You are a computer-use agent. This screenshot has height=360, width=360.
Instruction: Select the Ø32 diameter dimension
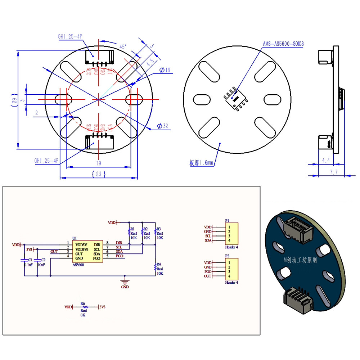[x=163, y=126]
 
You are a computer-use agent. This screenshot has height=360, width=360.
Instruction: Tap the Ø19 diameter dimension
[x=164, y=70]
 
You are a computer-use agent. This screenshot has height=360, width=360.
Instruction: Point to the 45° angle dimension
[x=123, y=47]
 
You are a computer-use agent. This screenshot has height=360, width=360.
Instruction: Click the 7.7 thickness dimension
[x=334, y=172]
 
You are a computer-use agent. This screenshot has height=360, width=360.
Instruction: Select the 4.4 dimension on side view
[x=325, y=160]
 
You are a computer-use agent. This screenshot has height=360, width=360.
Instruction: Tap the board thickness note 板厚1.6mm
[x=202, y=163]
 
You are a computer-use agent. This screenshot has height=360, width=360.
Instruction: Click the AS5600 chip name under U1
[x=78, y=265]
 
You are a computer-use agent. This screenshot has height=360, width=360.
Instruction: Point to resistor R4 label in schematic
[x=159, y=264]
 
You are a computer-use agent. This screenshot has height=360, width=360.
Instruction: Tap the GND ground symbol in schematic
[x=125, y=282]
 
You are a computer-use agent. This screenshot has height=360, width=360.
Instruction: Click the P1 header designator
[x=227, y=221]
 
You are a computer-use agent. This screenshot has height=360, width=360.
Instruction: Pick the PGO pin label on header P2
[x=208, y=272]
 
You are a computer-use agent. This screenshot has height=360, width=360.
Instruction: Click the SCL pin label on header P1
[x=208, y=236]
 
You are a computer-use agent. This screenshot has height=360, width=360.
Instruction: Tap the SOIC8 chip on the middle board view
[x=235, y=98]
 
